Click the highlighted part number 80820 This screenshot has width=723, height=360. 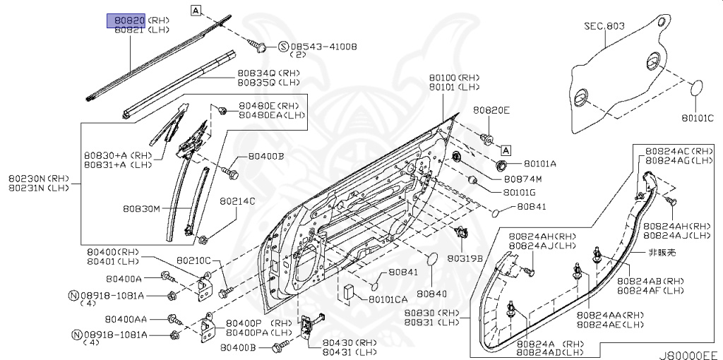[126, 20]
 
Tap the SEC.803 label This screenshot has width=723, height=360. [604, 26]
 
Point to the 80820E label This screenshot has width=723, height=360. [491, 110]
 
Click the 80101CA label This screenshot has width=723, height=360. [388, 299]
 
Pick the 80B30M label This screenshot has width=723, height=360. [141, 209]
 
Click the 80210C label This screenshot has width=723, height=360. [193, 260]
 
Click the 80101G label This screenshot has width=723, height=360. [520, 191]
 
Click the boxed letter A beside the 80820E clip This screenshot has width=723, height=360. [506, 150]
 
